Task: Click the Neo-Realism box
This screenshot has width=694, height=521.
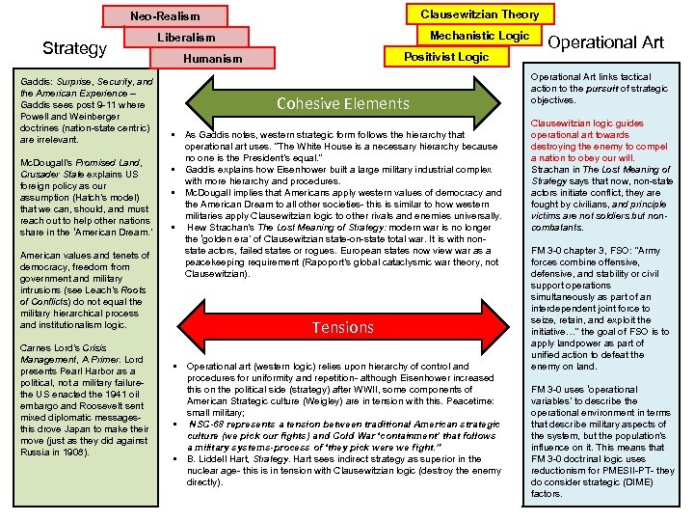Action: tap(165, 16)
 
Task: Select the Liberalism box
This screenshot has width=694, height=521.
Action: tap(187, 38)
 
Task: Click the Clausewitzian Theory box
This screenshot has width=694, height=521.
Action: tap(479, 14)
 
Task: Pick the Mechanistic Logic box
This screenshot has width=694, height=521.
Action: tap(479, 36)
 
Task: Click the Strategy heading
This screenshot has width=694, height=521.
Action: tap(74, 48)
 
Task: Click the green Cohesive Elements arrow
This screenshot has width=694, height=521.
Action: tap(342, 103)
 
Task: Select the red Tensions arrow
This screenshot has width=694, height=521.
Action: tap(342, 327)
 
